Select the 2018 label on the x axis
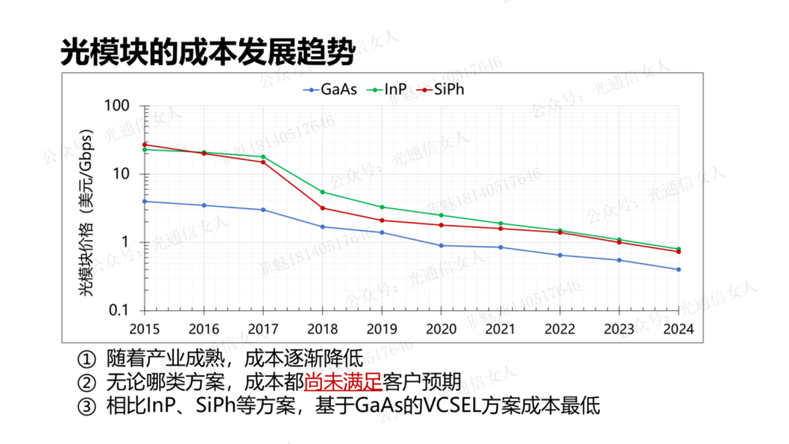pos(323,329)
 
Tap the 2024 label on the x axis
pos(678,329)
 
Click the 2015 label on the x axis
pos(145,329)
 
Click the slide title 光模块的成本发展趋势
pos(208,54)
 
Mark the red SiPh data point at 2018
pos(323,208)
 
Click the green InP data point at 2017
pos(263,157)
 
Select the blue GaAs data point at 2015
pos(145,201)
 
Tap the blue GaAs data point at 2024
pos(678,270)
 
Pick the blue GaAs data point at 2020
pos(441,246)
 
